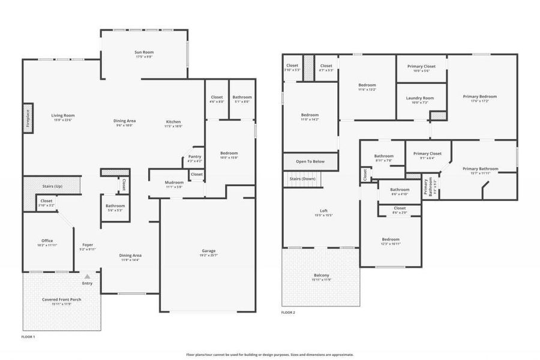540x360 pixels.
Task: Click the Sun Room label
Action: (143, 53)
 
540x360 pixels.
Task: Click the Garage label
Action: (208, 251)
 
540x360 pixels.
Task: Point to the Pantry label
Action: (194, 157)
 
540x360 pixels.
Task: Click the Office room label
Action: (47, 241)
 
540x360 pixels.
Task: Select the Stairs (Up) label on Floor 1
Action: (52, 187)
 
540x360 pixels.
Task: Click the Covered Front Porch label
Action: (61, 299)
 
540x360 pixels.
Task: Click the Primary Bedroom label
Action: (479, 97)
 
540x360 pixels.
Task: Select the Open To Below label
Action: (310, 161)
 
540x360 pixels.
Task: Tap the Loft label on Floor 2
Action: (323, 211)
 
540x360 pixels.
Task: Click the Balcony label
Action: (321, 275)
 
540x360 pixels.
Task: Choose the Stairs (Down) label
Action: (302, 179)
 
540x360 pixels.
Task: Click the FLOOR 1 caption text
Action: (28, 337)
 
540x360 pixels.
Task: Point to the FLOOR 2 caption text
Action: (288, 313)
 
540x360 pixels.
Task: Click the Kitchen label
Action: (173, 121)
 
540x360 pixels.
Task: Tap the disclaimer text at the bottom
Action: (269, 355)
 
